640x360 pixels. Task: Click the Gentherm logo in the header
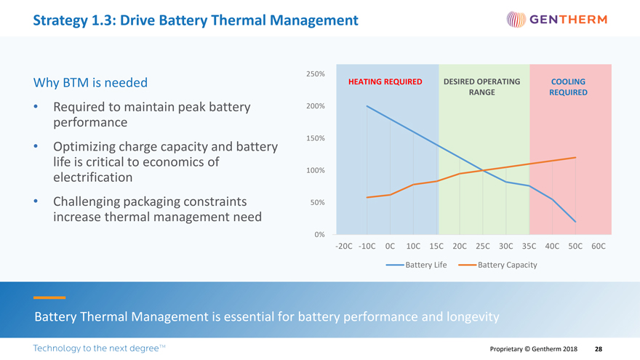pyautogui.click(x=556, y=20)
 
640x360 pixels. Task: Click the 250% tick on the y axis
pyautogui.click(x=315, y=74)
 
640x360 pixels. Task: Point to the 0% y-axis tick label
pyautogui.click(x=319, y=234)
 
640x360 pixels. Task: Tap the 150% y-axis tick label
pyautogui.click(x=315, y=138)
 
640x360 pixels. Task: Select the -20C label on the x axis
pyautogui.click(x=344, y=247)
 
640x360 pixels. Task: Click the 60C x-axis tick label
pyautogui.click(x=598, y=247)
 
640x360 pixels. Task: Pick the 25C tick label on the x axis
pyautogui.click(x=482, y=247)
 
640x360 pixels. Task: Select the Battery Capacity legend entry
pyautogui.click(x=498, y=265)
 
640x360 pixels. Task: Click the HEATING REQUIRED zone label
pyautogui.click(x=385, y=81)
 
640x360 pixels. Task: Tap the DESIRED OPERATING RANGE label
pyautogui.click(x=481, y=87)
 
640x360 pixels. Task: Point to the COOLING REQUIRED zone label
pyautogui.click(x=568, y=87)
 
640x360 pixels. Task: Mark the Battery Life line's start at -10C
pyautogui.click(x=367, y=106)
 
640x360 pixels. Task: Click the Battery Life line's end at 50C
pyautogui.click(x=575, y=221)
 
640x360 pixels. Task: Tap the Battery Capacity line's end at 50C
pyautogui.click(x=575, y=158)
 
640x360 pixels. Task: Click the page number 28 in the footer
pyautogui.click(x=598, y=349)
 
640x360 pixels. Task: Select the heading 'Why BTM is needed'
pyautogui.click(x=90, y=83)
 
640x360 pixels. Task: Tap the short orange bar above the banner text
pyautogui.click(x=49, y=297)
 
